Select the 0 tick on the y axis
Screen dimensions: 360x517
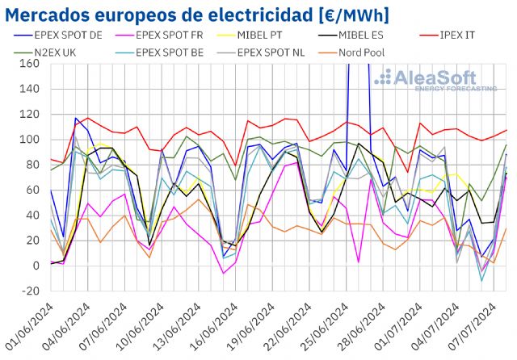click(x=36, y=266)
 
